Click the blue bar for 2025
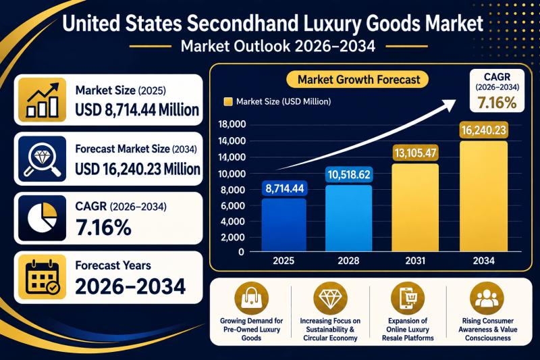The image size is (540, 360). [283, 225]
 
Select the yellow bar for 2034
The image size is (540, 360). [483, 197]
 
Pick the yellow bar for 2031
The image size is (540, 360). [415, 208]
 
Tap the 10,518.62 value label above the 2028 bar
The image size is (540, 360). [349, 175]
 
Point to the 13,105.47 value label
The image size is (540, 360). [415, 153]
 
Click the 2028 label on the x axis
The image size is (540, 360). [348, 261]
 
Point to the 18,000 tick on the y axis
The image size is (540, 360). [232, 124]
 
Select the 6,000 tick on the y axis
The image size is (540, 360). [232, 205]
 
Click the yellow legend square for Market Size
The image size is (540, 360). [228, 101]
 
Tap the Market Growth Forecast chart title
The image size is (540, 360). [358, 80]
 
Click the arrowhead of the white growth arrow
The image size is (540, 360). [448, 104]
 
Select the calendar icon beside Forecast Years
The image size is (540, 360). [42, 278]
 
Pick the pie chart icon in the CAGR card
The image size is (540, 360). [42, 218]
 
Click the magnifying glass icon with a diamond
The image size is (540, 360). [42, 159]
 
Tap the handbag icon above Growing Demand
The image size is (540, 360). [251, 298]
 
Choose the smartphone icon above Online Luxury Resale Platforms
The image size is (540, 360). [408, 298]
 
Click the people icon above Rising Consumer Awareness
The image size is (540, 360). [487, 298]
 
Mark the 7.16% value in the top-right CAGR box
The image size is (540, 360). [497, 102]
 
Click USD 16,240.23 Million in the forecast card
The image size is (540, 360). [138, 169]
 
